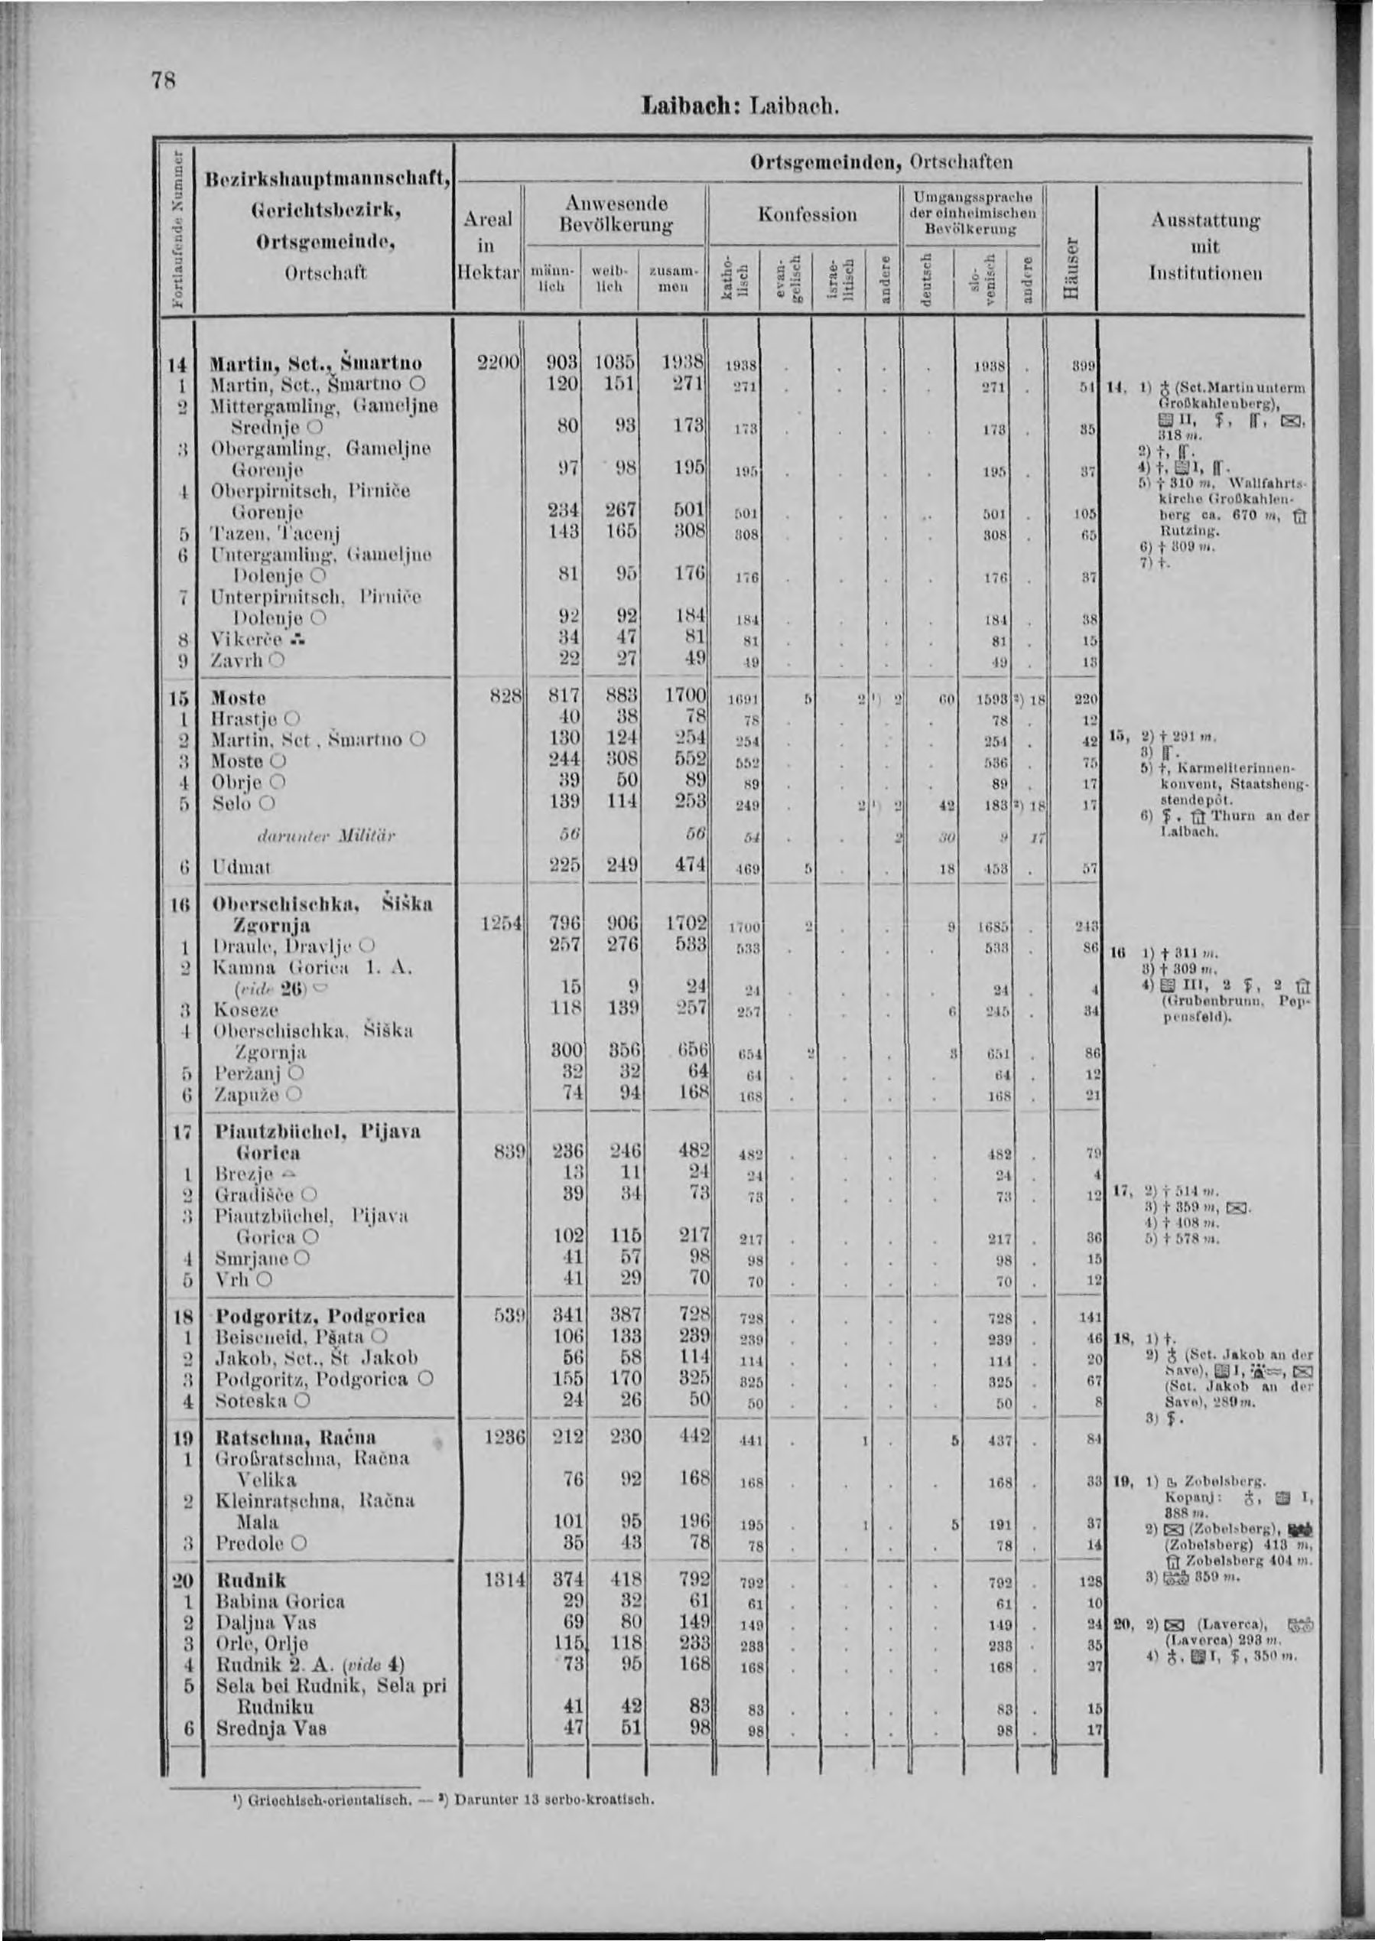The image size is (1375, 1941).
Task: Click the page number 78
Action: (164, 80)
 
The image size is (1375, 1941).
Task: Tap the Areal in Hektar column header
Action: (488, 246)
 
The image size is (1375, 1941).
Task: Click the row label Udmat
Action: (242, 867)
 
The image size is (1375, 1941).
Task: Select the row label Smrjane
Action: (253, 1259)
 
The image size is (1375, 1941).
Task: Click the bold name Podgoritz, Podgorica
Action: (320, 1317)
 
